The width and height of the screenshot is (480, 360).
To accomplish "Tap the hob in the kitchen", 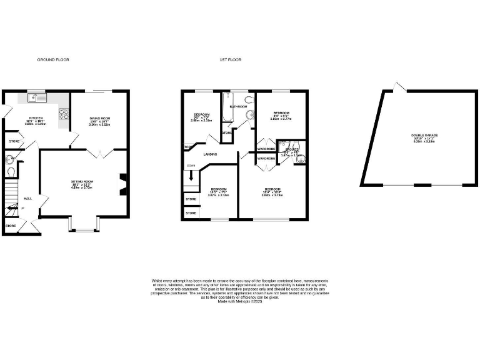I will tap(63, 114).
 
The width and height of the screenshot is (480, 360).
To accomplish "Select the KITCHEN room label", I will tap(36, 118).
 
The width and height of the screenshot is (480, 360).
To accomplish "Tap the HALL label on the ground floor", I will tap(28, 199).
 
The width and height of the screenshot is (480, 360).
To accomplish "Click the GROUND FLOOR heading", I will tap(52, 60).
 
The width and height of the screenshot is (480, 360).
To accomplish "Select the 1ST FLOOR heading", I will tap(230, 60).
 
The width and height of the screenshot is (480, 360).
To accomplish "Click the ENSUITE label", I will tap(292, 150).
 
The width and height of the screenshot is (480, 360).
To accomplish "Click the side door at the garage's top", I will tap(398, 86).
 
